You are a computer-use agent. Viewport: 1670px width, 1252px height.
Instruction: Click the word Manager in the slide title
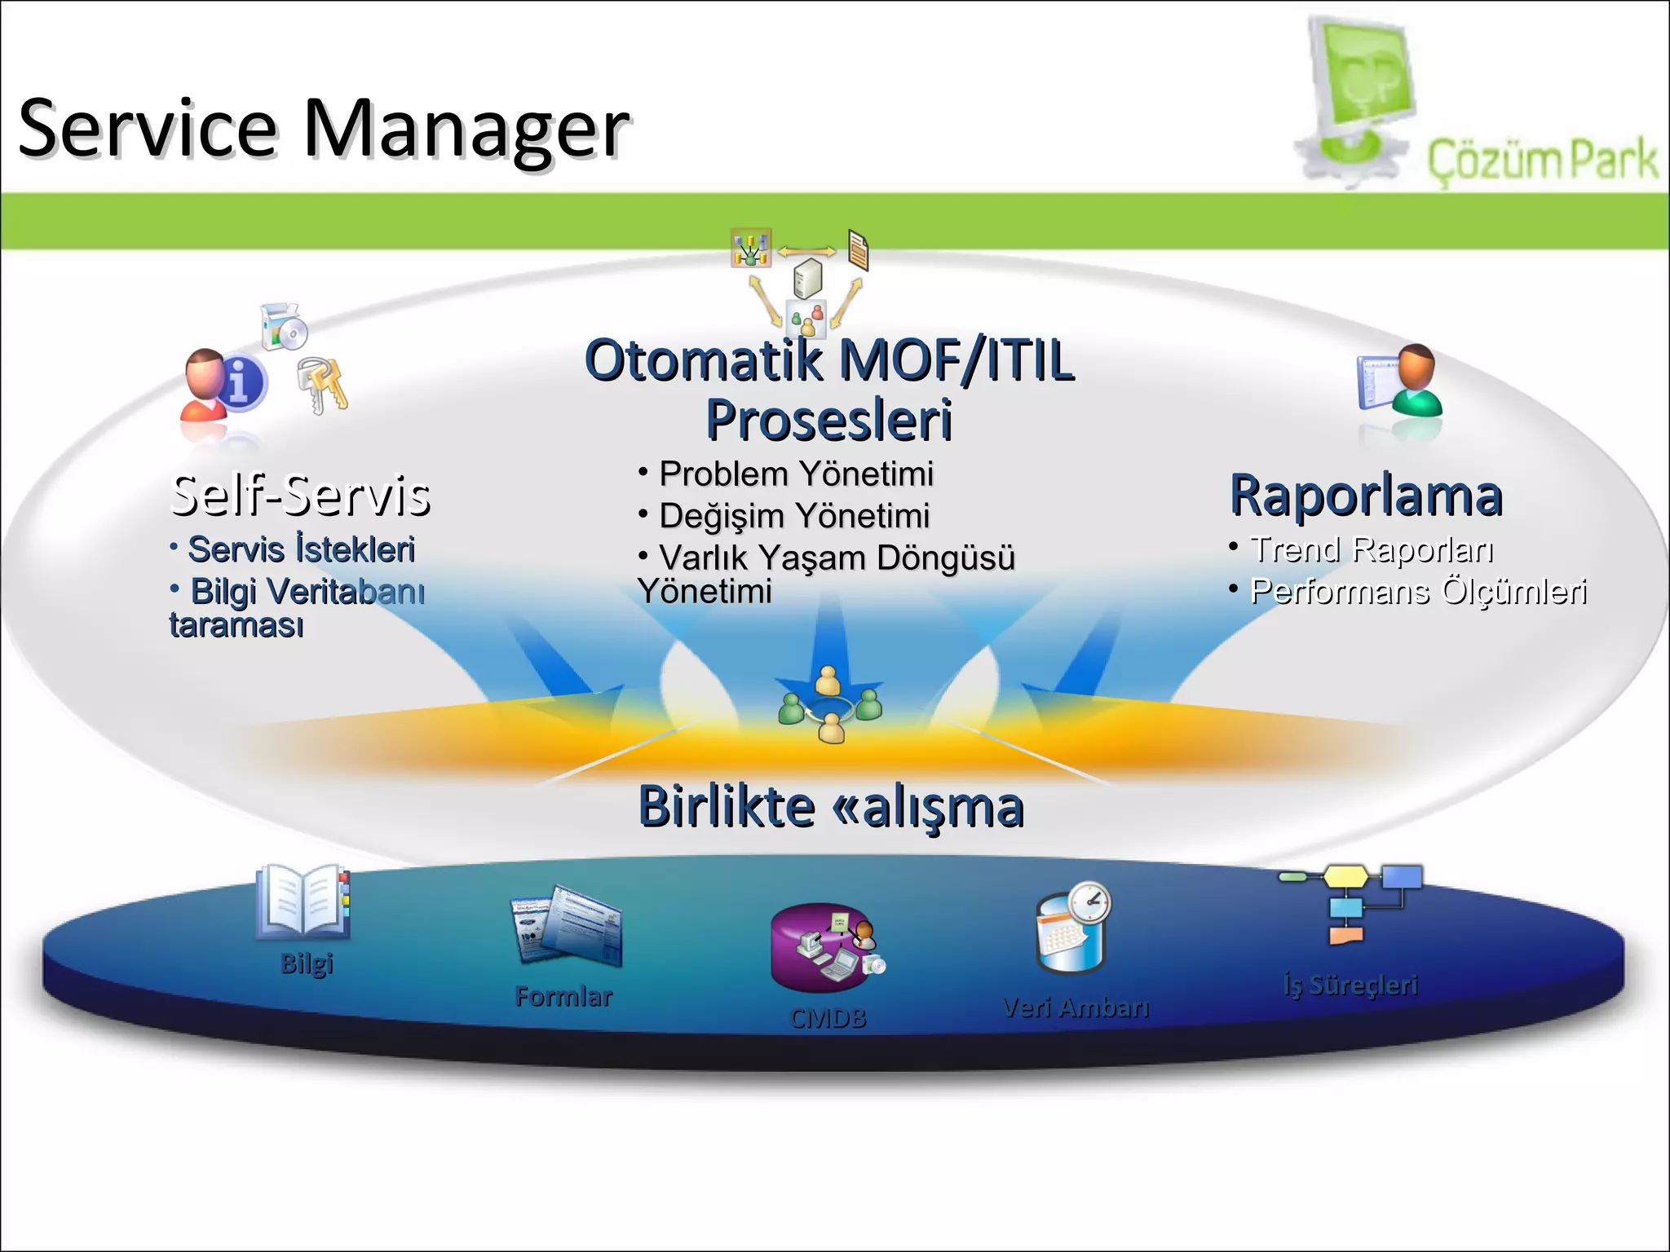click(x=466, y=130)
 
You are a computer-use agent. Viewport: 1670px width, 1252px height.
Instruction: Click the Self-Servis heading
click(x=301, y=496)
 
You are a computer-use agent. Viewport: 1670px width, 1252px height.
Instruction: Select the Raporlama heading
click(x=1366, y=496)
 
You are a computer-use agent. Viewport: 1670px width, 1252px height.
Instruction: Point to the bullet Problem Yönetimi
click(x=795, y=474)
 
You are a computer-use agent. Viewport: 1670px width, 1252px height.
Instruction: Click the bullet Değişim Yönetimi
click(x=793, y=516)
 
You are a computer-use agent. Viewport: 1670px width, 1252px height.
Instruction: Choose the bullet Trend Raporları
click(x=1372, y=549)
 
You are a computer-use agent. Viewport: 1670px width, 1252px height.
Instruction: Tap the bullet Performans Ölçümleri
click(x=1418, y=592)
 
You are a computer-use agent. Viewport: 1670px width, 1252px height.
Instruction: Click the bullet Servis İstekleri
click(x=301, y=549)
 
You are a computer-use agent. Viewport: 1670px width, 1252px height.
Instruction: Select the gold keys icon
click(x=323, y=384)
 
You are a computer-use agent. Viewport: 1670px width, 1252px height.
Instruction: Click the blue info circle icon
click(x=241, y=381)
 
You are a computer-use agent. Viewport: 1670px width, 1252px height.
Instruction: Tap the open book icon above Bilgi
click(x=303, y=901)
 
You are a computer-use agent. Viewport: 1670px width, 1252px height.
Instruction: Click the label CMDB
click(x=828, y=1018)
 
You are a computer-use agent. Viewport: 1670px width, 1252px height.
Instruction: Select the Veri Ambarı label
click(x=1076, y=1008)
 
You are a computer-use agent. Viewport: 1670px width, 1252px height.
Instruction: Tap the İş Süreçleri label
click(x=1350, y=985)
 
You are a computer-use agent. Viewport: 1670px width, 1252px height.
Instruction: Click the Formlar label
click(x=563, y=996)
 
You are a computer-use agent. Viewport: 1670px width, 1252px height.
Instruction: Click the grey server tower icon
click(x=807, y=278)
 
